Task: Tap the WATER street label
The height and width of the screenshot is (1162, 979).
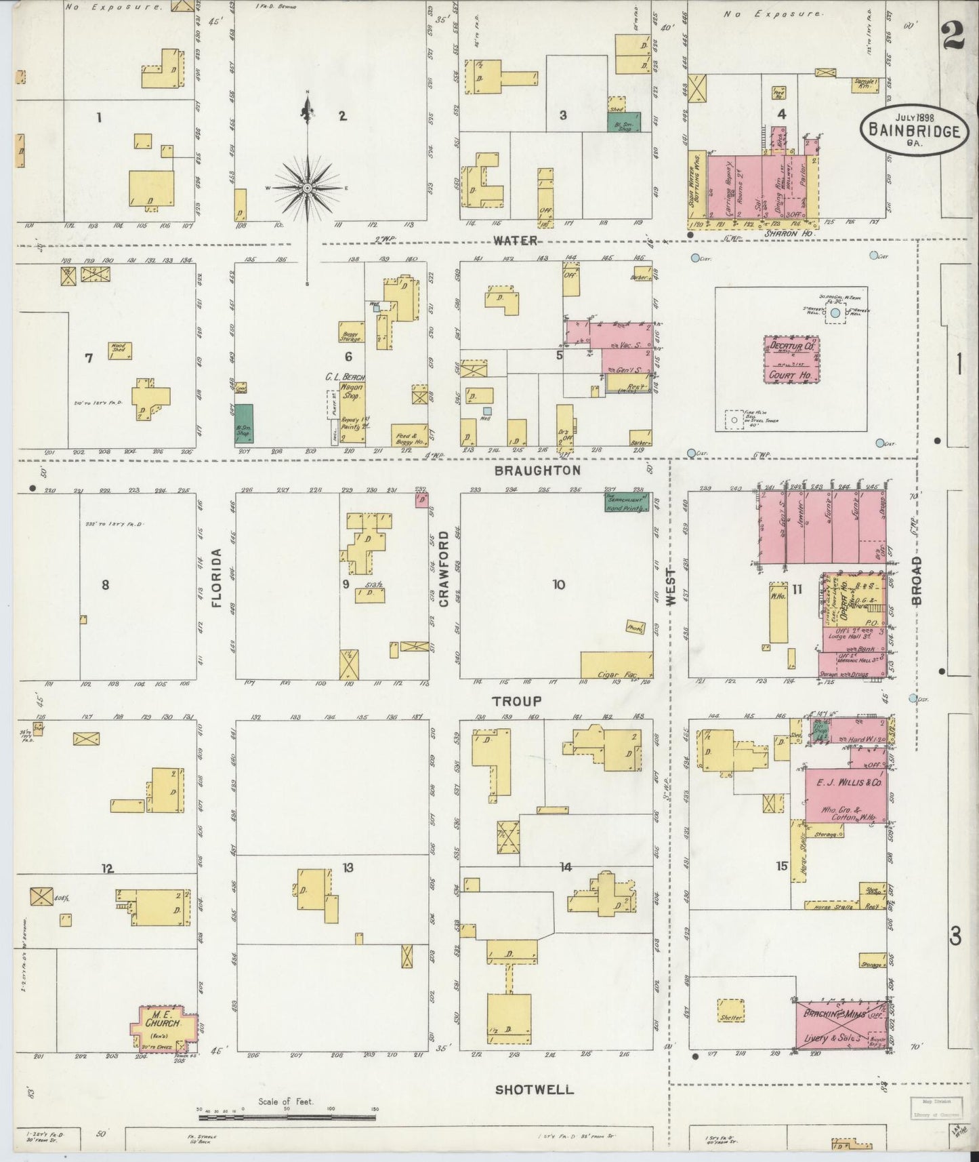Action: click(x=515, y=241)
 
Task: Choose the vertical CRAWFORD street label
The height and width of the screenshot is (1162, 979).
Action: click(x=444, y=568)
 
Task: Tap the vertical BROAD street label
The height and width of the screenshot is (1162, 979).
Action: click(x=917, y=581)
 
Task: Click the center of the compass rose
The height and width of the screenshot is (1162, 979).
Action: click(x=308, y=187)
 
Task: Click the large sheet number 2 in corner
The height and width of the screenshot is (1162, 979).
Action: click(x=953, y=34)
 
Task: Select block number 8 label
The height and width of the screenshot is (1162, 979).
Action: click(x=105, y=584)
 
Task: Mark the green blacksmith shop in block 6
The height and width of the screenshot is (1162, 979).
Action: click(x=243, y=424)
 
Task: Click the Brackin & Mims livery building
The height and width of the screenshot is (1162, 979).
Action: click(x=840, y=1025)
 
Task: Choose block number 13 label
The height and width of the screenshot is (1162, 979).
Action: click(x=348, y=867)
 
